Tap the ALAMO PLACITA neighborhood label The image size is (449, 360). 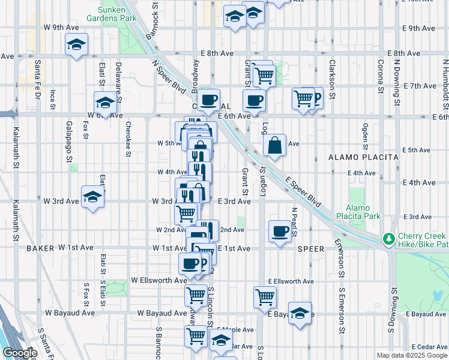point(363,157)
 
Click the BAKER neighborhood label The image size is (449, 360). point(40,247)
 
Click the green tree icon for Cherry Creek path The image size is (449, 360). point(388,239)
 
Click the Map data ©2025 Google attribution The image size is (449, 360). point(412,355)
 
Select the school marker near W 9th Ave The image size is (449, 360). point(76,45)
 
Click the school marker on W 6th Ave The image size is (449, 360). point(104,103)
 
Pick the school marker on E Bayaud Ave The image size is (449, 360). point(300,313)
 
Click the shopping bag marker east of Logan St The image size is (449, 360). point(274,145)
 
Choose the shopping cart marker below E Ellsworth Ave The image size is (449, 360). point(265,296)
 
